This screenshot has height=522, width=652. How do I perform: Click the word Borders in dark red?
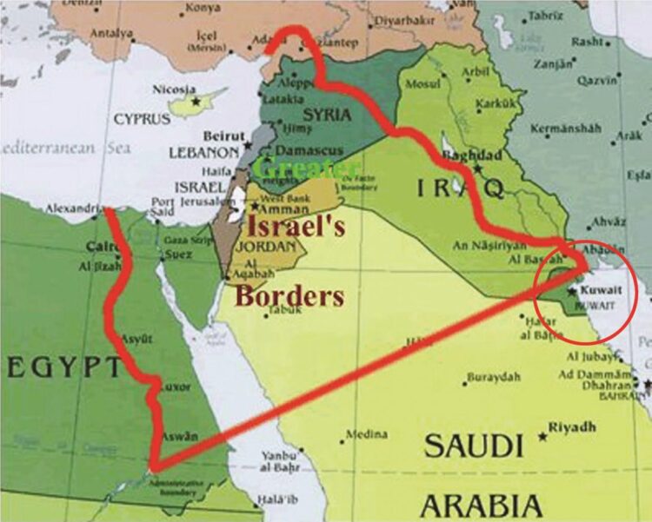click(x=289, y=295)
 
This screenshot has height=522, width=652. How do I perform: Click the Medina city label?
click(x=367, y=434)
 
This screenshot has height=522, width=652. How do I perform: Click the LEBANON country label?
click(x=196, y=152)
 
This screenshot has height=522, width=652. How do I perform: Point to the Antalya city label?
click(x=113, y=34)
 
